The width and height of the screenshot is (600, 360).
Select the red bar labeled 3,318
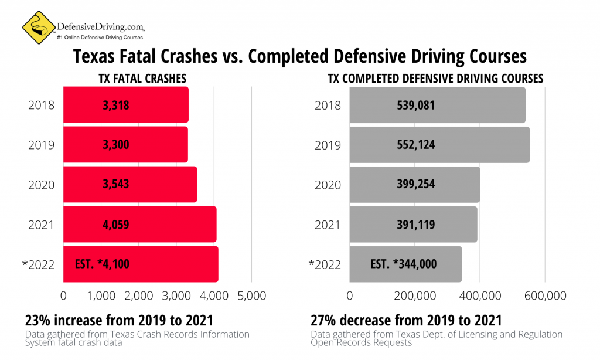click(x=125, y=105)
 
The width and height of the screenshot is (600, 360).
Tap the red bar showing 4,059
click(x=139, y=224)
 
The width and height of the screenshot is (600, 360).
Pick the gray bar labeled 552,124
click(x=439, y=144)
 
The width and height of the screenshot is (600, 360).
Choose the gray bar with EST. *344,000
click(x=405, y=264)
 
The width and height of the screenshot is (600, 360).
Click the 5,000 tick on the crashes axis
click(x=252, y=296)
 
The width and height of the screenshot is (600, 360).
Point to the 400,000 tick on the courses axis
click(x=480, y=296)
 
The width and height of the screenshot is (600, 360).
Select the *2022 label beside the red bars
click(x=38, y=264)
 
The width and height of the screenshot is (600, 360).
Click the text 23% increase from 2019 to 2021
click(x=118, y=321)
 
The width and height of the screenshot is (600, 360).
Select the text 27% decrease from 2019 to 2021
click(x=406, y=321)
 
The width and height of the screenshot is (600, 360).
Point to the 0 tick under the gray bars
click(x=350, y=296)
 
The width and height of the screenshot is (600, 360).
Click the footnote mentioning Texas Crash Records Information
click(x=137, y=338)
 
